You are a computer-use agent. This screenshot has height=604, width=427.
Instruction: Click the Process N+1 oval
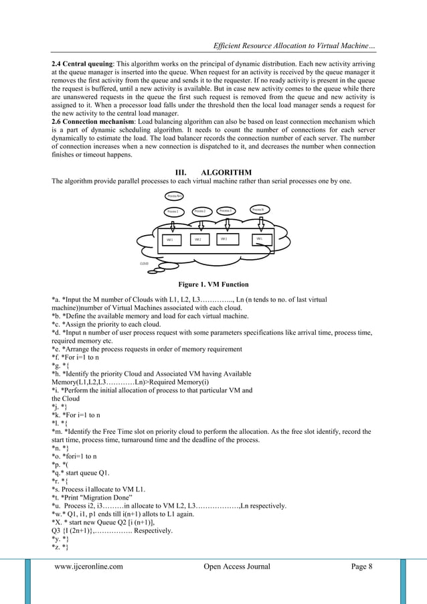175,196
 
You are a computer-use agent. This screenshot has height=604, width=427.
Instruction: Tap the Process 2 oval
200,211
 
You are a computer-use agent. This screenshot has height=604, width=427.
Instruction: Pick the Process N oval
260,210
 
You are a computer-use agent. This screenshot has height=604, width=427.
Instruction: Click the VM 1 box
171,240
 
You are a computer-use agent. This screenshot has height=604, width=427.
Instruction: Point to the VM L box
260,239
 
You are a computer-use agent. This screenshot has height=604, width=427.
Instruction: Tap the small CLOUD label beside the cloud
144,264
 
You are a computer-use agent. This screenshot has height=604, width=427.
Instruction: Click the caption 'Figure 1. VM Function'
213,284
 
